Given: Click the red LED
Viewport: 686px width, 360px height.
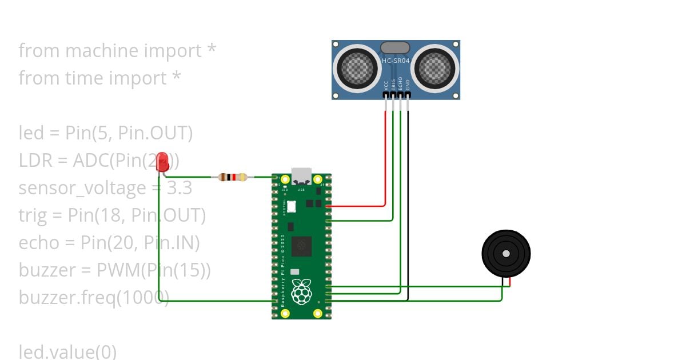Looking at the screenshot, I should click(162, 162).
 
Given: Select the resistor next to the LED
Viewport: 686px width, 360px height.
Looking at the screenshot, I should click(232, 177).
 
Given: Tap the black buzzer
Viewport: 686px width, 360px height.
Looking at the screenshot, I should click(506, 254).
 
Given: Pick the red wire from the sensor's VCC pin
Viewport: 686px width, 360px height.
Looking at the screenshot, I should click(385, 154).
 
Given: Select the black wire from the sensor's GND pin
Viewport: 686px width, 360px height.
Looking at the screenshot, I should click(408, 200).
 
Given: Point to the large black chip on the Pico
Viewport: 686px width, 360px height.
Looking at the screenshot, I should click(301, 246).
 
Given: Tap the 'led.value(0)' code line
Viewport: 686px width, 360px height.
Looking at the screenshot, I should click(67, 351).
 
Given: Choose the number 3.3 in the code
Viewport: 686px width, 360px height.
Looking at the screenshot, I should click(179, 188).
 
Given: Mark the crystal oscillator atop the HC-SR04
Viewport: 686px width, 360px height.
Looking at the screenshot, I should click(395, 47).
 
